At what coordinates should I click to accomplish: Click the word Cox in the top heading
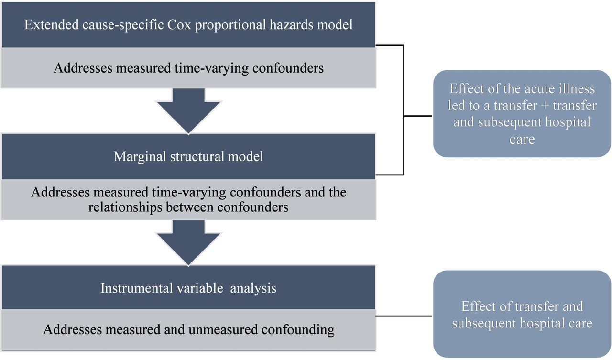pos(179,25)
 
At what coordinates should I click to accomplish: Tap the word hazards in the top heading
pos(292,25)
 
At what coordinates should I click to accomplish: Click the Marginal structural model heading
pos(188,156)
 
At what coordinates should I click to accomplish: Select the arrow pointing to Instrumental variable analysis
pos(188,243)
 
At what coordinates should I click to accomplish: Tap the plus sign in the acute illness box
pos(545,106)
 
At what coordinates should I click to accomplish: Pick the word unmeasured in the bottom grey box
pos(223,329)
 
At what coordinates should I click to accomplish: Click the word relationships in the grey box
pos(125,207)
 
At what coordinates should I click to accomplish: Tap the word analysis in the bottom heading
pos(253,289)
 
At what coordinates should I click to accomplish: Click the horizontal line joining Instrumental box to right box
pos(404,316)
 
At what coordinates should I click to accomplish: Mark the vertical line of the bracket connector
pos(404,110)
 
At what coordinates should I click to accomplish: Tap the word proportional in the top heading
pos(230,25)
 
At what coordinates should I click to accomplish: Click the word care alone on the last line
pos(522,139)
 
